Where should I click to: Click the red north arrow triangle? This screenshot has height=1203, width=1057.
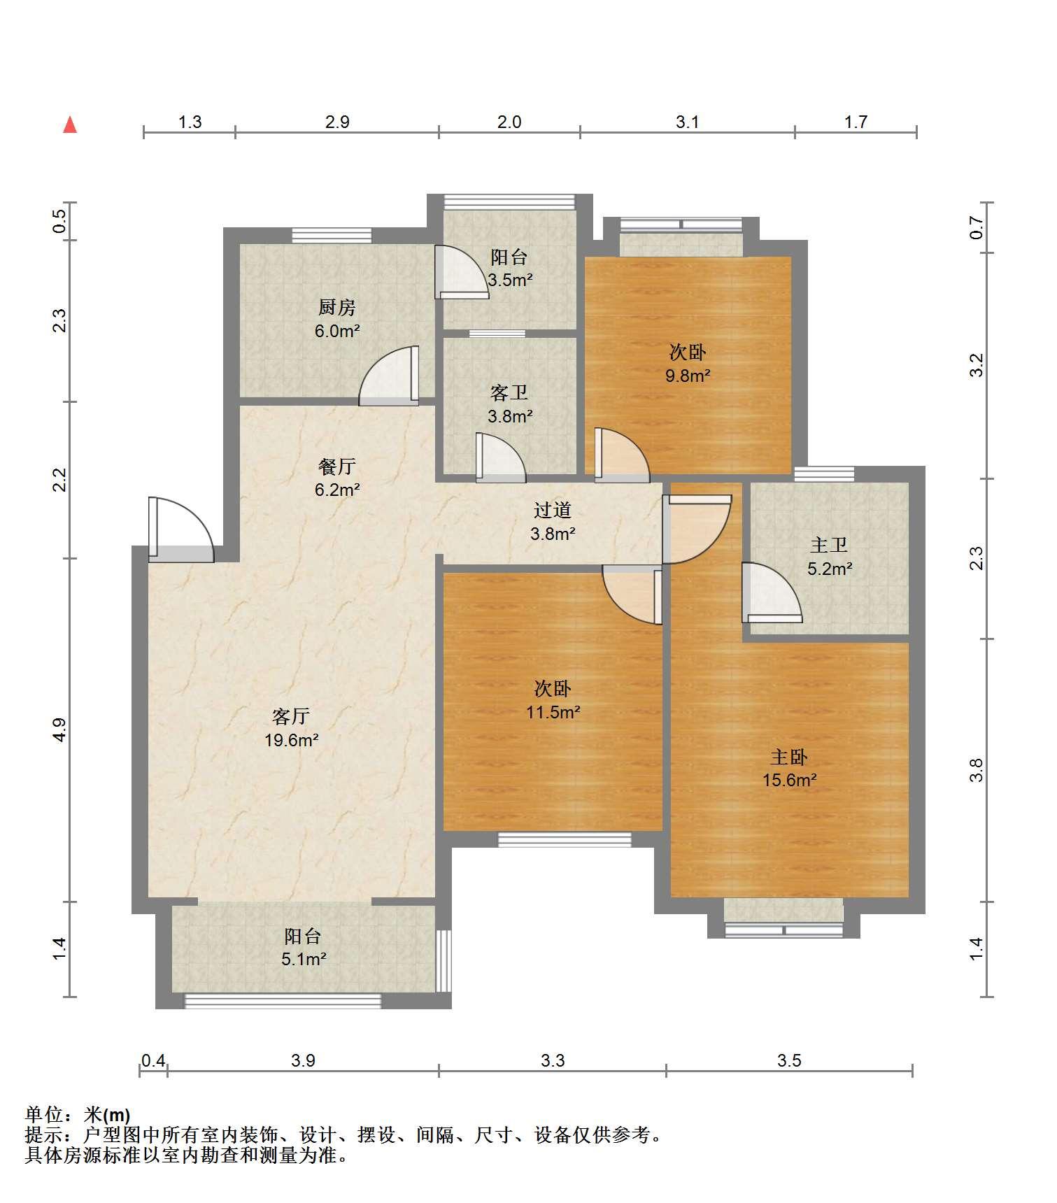point(70,124)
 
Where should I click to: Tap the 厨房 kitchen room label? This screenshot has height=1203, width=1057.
point(336,307)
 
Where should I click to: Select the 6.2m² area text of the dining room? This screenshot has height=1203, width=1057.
point(337,490)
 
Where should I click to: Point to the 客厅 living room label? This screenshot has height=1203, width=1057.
point(291,717)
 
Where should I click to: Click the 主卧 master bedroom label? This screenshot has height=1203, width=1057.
point(789,757)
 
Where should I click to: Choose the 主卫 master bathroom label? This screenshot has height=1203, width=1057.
point(829,545)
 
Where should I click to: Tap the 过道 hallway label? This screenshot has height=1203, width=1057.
point(553,511)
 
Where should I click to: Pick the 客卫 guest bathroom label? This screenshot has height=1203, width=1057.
point(509,393)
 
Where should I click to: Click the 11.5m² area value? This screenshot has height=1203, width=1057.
point(553,713)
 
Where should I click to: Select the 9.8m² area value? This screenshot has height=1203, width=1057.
point(688,376)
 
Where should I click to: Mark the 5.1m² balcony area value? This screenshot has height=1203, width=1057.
point(304,959)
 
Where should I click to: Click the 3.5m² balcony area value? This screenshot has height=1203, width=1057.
point(510,280)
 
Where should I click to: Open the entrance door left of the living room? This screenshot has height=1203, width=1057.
point(180,529)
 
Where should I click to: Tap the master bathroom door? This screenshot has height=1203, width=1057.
point(772,593)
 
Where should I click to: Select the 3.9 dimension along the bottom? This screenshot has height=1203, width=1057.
point(303,1060)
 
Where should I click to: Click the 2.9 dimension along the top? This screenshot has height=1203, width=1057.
point(337,122)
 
